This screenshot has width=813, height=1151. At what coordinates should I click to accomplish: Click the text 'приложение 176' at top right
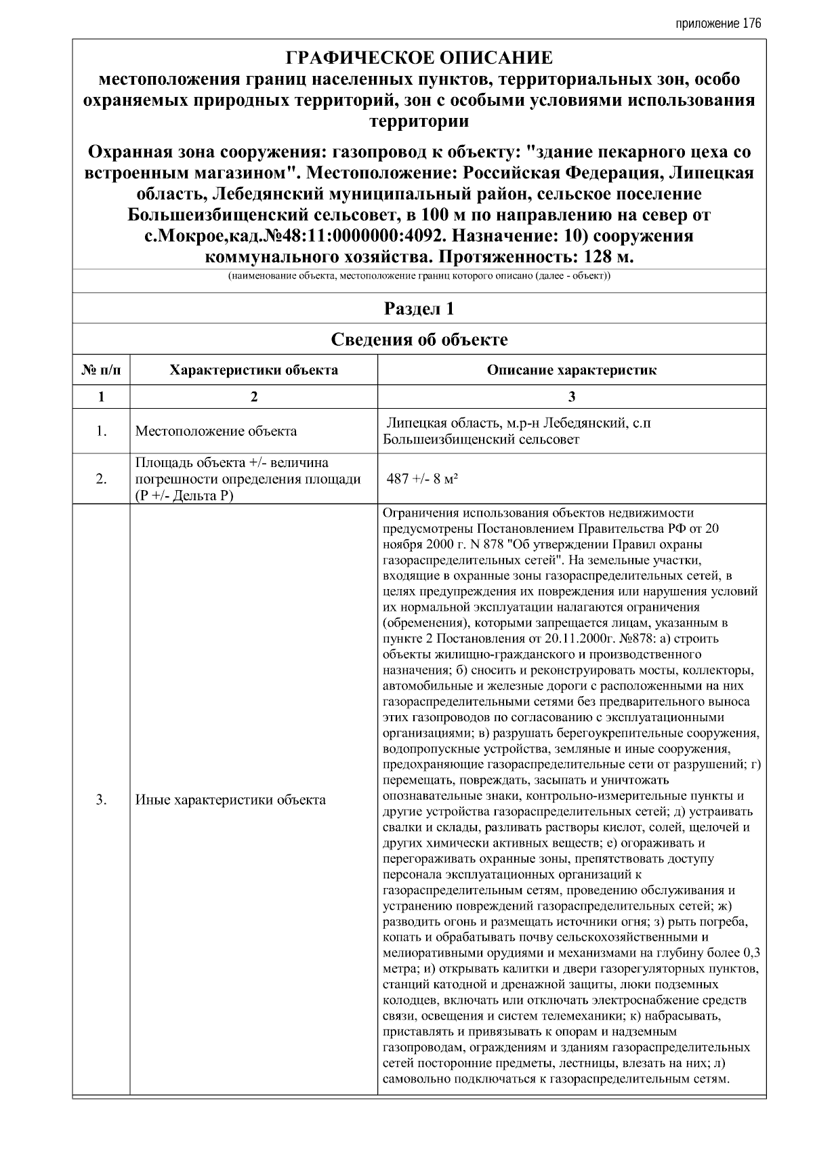718,24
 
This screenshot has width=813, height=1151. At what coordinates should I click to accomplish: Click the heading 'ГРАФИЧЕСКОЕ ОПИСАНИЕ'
419,58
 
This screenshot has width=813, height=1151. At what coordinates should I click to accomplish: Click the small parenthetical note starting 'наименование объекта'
419,277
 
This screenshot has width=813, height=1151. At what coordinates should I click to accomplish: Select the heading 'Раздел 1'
419,309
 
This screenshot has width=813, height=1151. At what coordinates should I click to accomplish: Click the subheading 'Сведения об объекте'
419,340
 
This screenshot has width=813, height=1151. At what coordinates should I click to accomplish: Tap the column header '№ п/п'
101,370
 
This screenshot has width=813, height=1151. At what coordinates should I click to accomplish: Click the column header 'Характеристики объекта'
253,370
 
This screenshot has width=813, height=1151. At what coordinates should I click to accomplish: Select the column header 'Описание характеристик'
572,370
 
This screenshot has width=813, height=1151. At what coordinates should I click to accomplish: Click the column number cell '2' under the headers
253,397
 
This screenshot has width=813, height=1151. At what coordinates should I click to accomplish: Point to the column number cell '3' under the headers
572,397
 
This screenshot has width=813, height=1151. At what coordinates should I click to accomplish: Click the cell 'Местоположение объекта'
215,431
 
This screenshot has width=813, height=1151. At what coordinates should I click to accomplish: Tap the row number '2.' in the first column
101,479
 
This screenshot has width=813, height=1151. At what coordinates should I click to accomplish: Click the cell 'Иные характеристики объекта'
230,800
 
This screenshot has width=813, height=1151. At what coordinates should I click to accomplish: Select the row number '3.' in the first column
101,800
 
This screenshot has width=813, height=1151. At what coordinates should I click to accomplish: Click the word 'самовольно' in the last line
415,1079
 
